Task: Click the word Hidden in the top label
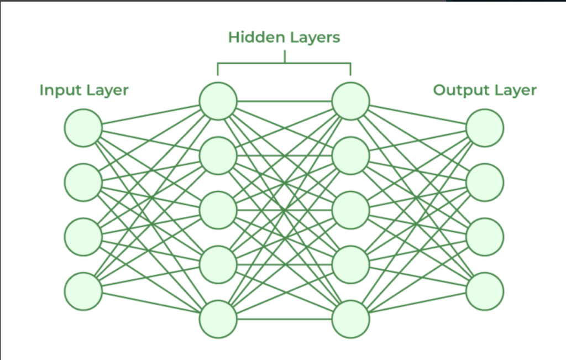[x=253, y=38]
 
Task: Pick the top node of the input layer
[x=83, y=128]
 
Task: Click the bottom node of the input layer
[x=83, y=291]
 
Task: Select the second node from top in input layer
[x=83, y=182]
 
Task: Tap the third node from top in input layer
[x=83, y=237]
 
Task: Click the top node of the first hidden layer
[x=218, y=101]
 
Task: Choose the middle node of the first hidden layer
[x=218, y=210]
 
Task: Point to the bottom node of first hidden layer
[x=218, y=319]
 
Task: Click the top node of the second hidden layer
[x=350, y=101]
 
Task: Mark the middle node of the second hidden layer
[x=350, y=210]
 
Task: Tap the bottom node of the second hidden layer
[x=350, y=319]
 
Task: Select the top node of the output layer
[x=485, y=128]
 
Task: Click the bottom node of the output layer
[x=485, y=291]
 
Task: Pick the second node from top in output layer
[x=485, y=182]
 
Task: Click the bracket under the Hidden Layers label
[x=284, y=64]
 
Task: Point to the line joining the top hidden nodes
[x=284, y=101]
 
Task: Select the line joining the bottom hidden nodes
[x=284, y=319]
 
